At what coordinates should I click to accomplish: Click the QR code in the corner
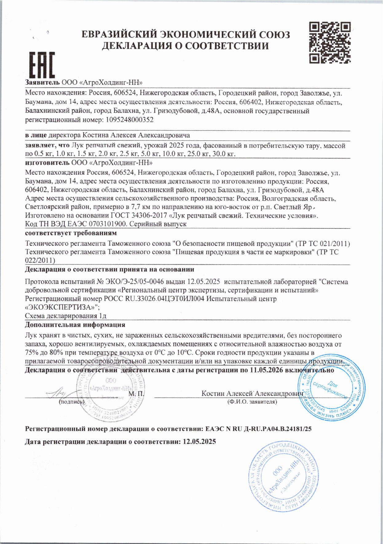(x=330, y=42)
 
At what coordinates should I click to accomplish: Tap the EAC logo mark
(x=42, y=65)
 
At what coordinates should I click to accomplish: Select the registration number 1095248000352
(x=129, y=120)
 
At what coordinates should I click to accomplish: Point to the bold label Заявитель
(x=42, y=82)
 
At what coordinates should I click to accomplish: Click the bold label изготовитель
(x=47, y=162)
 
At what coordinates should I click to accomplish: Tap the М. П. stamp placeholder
(x=136, y=394)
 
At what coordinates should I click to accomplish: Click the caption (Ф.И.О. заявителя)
(x=252, y=402)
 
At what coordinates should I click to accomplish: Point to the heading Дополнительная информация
(x=75, y=325)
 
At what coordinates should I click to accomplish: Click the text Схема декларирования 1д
(x=66, y=316)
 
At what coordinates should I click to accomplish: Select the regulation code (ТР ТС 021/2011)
(x=322, y=244)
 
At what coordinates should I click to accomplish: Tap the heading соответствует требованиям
(x=71, y=233)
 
